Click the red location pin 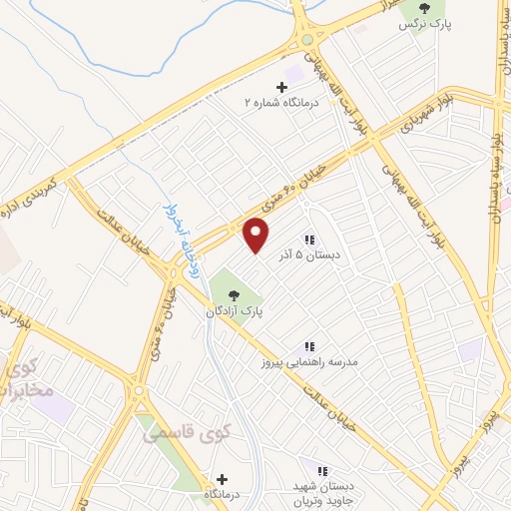coord(256,235)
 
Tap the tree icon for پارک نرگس coord(424,8)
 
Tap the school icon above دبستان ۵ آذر coord(309,240)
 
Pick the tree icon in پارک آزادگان coord(234,295)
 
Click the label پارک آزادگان coord(236,311)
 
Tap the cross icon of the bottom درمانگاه coord(221,479)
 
